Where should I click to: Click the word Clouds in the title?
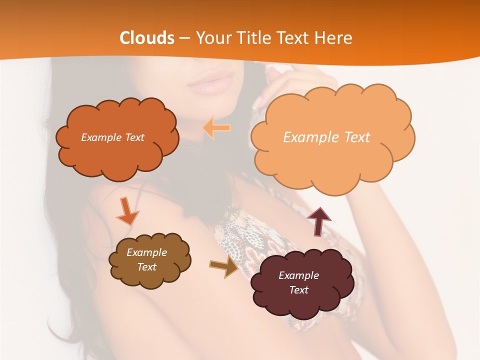[x=147, y=38]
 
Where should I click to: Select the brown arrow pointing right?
[x=224, y=267]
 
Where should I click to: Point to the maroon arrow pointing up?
[x=319, y=221]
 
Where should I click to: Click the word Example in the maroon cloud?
[x=298, y=275]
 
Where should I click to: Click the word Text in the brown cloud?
[x=147, y=267]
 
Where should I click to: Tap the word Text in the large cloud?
[x=354, y=137]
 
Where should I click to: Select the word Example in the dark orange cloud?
[x=100, y=137]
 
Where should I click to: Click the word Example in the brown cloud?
[x=146, y=252]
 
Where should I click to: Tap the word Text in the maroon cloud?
[x=298, y=290]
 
